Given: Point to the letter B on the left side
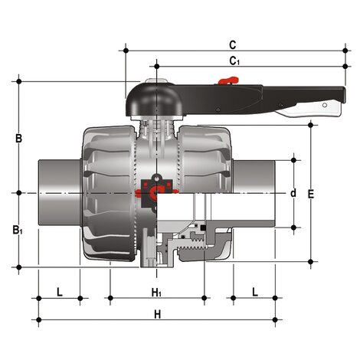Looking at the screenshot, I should [x=19, y=139].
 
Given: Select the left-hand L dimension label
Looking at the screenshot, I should [x=60, y=293].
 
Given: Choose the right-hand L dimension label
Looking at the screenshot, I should [x=255, y=293].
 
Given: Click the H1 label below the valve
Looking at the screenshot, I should [x=156, y=293].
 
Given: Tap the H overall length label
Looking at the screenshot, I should [x=158, y=314].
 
